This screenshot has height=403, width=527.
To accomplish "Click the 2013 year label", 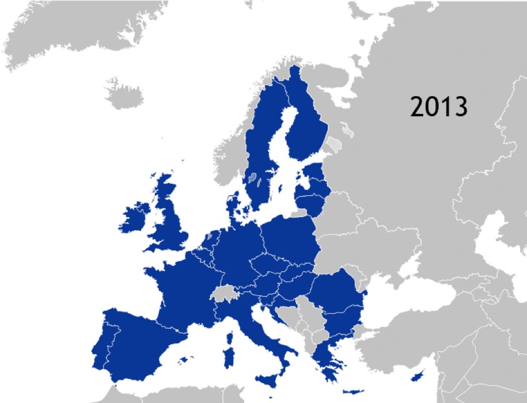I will tap(438, 107).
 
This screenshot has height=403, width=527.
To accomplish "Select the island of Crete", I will tap(351, 392).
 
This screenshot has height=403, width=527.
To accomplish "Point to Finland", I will tap(302, 124).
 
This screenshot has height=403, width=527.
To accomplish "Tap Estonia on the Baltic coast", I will tap(314, 172).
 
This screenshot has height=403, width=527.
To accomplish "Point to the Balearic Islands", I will tap(184, 360).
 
